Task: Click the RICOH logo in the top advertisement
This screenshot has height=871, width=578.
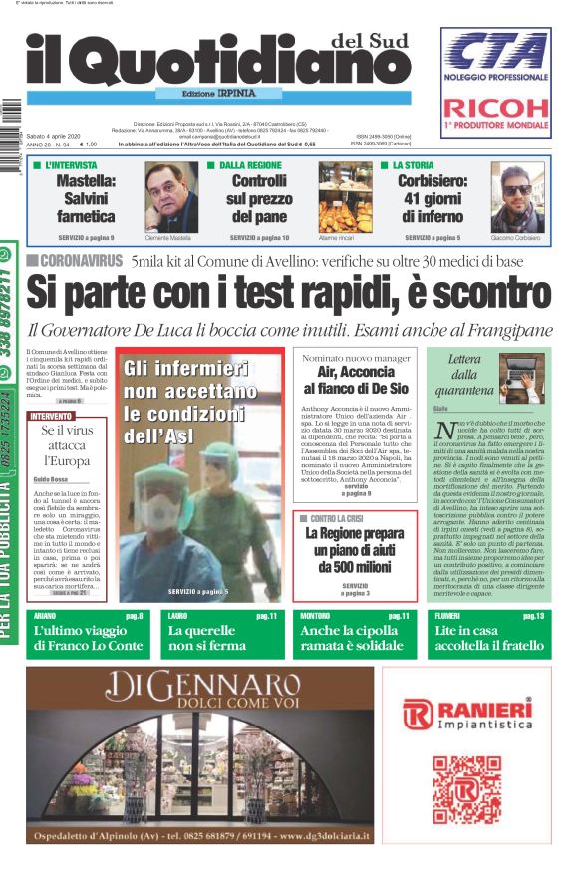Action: pyautogui.click(x=495, y=108)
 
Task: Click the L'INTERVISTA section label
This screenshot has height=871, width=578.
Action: pyautogui.click(x=78, y=165)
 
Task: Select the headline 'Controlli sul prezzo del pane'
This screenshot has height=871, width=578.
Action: pyautogui.click(x=258, y=199)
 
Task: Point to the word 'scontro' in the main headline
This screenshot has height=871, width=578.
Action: pyautogui.click(x=478, y=292)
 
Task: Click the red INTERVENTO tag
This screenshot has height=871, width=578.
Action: pyautogui.click(x=51, y=415)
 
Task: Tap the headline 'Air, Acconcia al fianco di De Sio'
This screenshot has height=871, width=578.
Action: pyautogui.click(x=356, y=380)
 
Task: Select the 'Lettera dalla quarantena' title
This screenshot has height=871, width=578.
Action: pyautogui.click(x=463, y=375)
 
